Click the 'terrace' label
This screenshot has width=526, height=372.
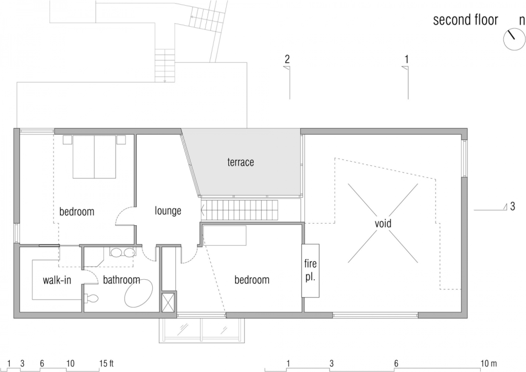pos(241,162)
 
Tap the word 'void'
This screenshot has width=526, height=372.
pos(383,224)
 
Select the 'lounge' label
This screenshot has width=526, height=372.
pos(168,211)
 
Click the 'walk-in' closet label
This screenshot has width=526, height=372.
pos(57,280)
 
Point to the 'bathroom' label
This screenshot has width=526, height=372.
pos(121,280)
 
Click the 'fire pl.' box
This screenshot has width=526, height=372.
pos(310,270)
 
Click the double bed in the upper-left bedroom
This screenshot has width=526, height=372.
pos(94,157)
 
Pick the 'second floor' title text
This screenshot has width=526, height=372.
pos(465,20)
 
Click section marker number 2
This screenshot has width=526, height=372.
pos(287,59)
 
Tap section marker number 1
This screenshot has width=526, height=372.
pos(407,59)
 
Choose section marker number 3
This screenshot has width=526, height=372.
pos(513,206)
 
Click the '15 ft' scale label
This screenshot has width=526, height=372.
pos(106,363)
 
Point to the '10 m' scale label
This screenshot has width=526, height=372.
pos(489,363)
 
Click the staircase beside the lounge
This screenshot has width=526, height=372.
pos(240,210)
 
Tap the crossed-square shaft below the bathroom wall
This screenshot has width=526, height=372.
pos(168,302)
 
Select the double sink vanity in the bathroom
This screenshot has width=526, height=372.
pos(121,252)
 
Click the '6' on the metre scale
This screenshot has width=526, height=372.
pos(396,363)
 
